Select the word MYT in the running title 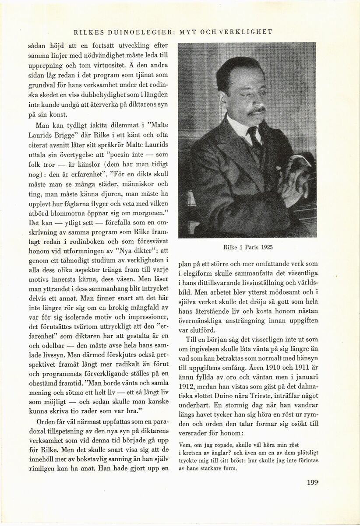click(189, 32)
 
